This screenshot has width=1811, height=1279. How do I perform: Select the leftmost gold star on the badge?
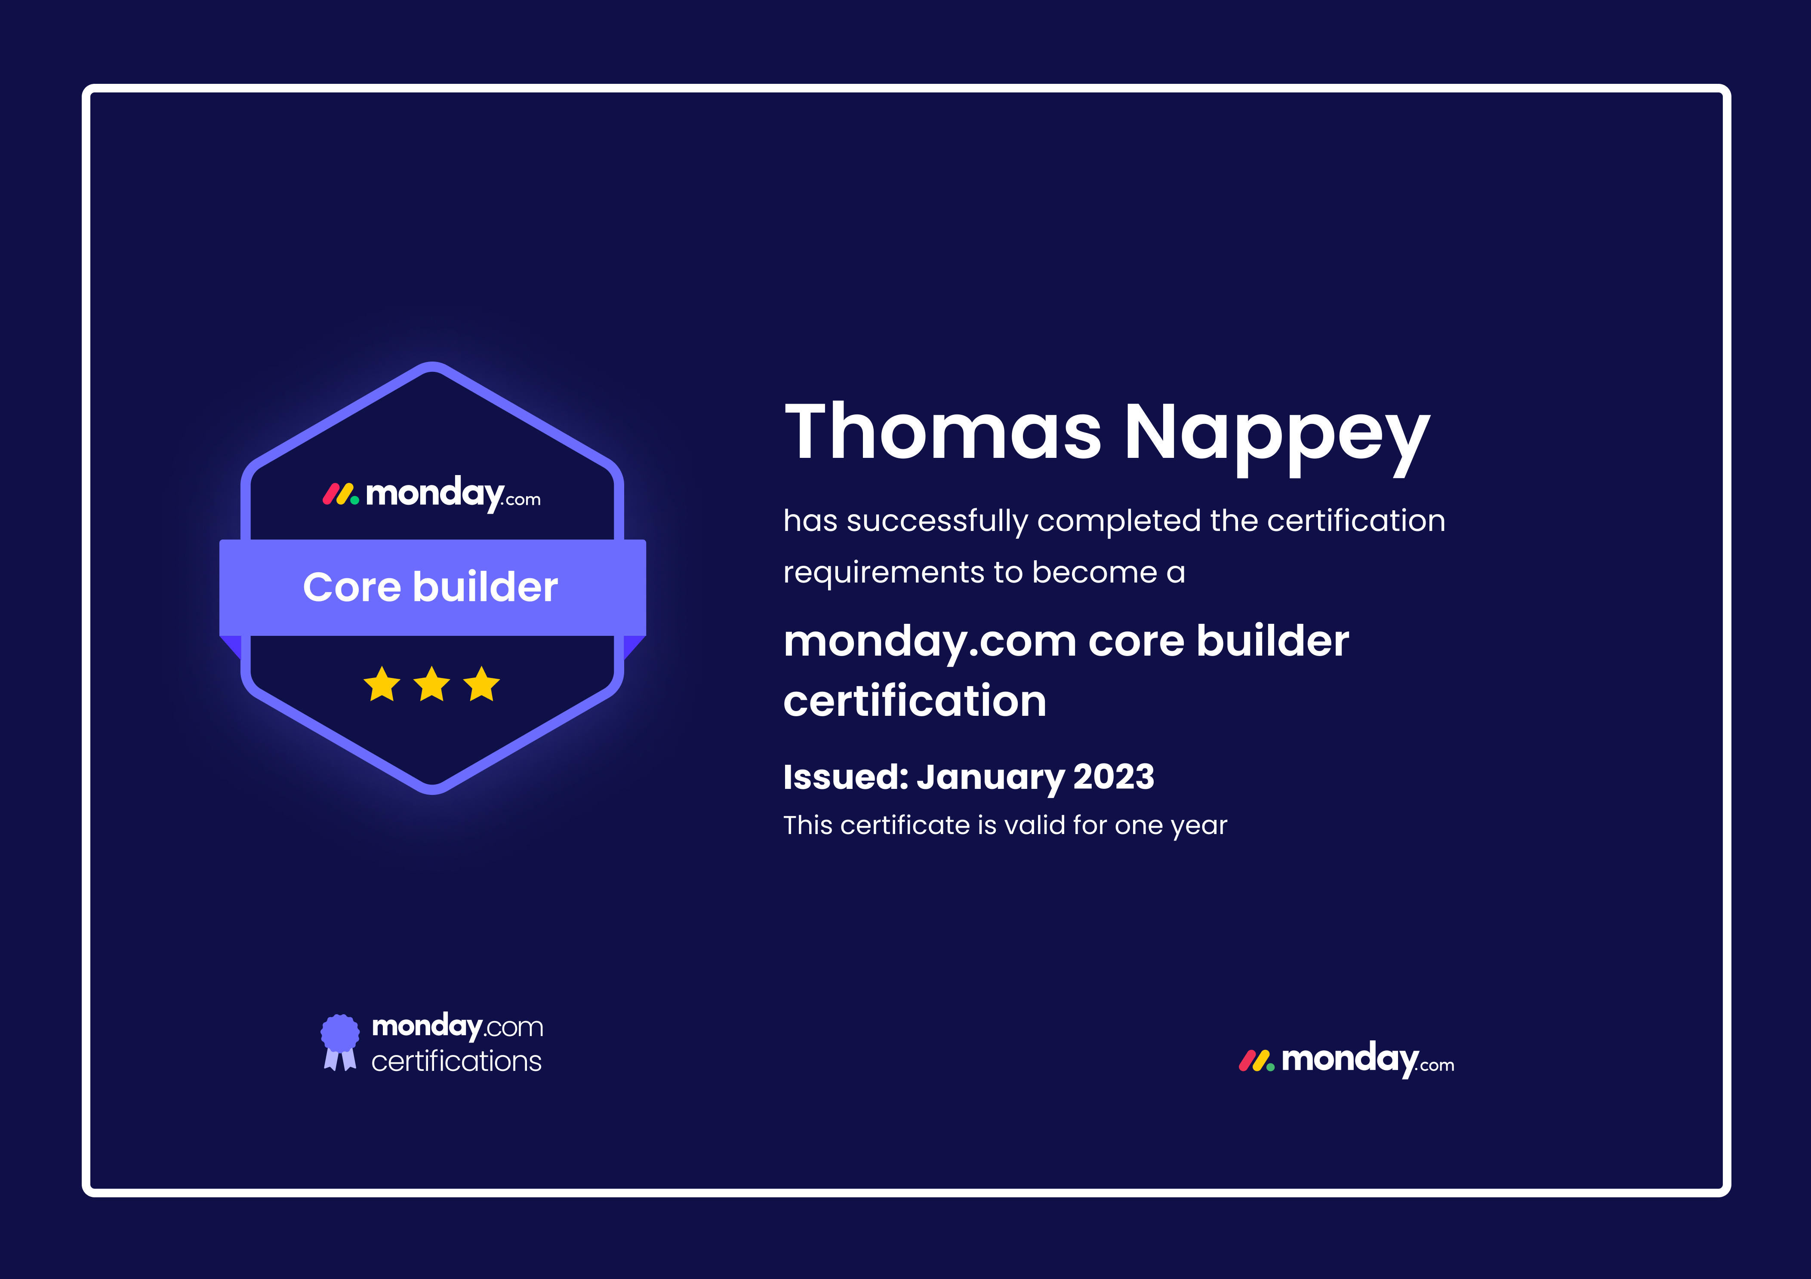click(382, 684)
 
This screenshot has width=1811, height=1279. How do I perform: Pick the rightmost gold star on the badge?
click(481, 684)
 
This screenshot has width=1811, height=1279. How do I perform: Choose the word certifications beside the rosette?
click(457, 1061)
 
